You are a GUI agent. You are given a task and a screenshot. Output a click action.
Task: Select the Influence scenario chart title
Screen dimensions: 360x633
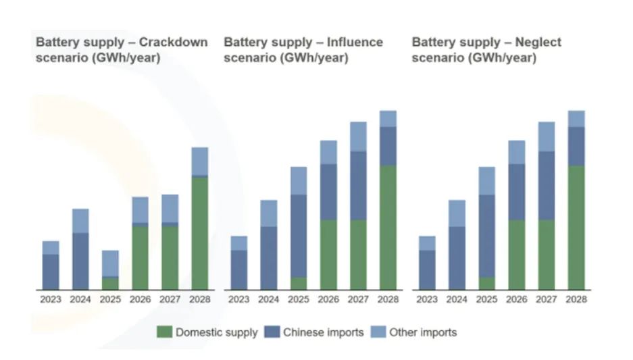pyautogui.click(x=303, y=50)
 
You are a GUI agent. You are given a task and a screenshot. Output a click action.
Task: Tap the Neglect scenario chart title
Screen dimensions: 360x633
pyautogui.click(x=486, y=50)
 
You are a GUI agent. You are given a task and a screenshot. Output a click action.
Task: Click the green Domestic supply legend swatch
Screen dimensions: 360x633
pyautogui.click(x=164, y=332)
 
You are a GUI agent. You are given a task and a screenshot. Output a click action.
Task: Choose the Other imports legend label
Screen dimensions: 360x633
pyautogui.click(x=423, y=332)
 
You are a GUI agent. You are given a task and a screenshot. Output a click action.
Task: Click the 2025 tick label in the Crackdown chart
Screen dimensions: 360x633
pyautogui.click(x=110, y=299)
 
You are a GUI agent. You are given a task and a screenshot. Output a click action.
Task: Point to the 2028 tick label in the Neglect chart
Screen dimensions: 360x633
pyautogui.click(x=576, y=299)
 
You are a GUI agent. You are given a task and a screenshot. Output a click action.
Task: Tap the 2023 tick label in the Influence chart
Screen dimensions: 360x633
pyautogui.click(x=238, y=299)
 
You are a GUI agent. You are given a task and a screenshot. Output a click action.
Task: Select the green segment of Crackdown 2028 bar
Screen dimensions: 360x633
pyautogui.click(x=199, y=233)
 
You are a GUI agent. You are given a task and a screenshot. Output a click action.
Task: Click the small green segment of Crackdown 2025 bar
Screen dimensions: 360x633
pyautogui.click(x=110, y=283)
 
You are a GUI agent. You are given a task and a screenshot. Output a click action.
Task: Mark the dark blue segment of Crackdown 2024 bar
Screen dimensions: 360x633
pyautogui.click(x=80, y=261)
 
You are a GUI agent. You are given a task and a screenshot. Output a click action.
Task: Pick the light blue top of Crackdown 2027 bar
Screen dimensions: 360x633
pyautogui.click(x=170, y=208)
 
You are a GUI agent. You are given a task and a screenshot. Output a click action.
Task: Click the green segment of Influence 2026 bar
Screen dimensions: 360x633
pyautogui.click(x=328, y=254)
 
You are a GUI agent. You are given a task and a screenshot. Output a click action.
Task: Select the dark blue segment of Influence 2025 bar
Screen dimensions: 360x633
pyautogui.click(x=299, y=236)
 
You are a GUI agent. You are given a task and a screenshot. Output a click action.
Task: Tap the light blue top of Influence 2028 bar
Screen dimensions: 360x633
pyautogui.click(x=388, y=119)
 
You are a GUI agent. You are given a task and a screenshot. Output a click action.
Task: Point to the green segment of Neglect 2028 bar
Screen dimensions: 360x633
pyautogui.click(x=576, y=227)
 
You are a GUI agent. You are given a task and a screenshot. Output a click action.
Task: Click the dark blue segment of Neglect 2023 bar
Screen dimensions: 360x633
pyautogui.click(x=427, y=269)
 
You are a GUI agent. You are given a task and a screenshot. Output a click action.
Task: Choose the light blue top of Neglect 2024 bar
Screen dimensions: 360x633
pyautogui.click(x=457, y=213)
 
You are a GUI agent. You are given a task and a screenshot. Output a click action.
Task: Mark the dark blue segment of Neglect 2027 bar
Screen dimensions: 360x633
pyautogui.click(x=547, y=185)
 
